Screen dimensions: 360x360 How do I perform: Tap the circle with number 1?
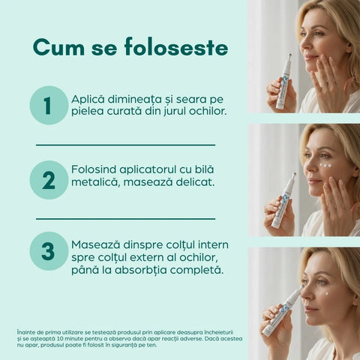coord(49,105)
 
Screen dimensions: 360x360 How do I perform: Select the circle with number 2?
coord(49,180)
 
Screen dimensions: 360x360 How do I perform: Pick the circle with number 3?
coord(49,251)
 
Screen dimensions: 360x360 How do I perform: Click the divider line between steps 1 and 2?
coord(125,144)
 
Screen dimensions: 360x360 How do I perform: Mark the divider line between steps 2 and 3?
coord(125,218)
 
